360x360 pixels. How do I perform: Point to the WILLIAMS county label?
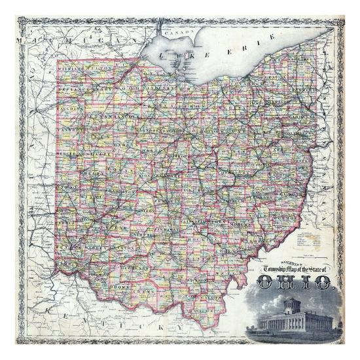[71, 68]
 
